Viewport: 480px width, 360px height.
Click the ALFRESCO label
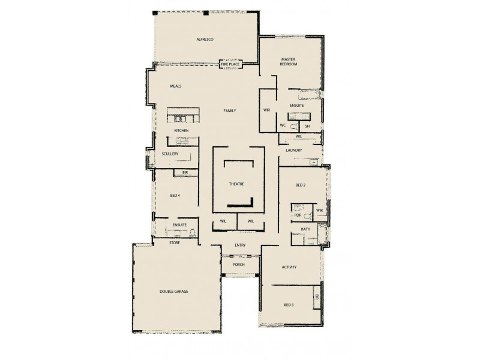pos(205,40)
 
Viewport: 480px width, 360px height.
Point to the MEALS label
pos(176,86)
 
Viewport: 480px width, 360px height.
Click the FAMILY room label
pos(229,111)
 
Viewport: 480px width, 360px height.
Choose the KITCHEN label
pos(182,130)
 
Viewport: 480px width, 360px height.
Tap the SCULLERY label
pos(170,154)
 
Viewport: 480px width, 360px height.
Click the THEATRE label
pos(236,184)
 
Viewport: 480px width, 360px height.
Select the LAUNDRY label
pos(294,151)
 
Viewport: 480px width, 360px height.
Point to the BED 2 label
pos(301,185)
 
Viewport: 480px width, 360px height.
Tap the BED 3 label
pos(289,305)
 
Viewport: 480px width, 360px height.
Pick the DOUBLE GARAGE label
pos(174,291)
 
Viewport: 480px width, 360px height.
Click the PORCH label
pos(240,264)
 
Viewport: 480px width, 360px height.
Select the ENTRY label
pos(240,245)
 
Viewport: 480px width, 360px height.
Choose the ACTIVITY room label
pos(289,267)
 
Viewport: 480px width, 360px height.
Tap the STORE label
pos(174,243)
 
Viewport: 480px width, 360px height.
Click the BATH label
pos(305,229)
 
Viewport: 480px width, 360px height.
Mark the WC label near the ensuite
pos(283,125)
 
